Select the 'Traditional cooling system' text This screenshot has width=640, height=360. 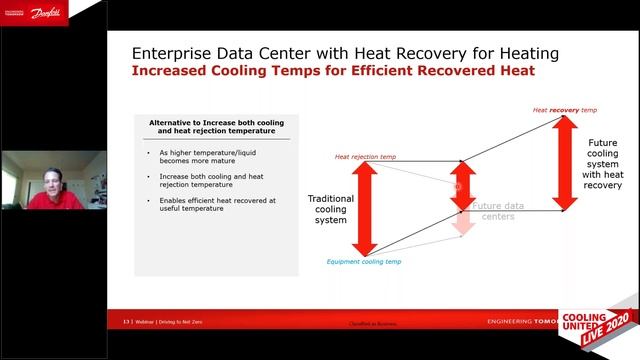[x=331, y=209]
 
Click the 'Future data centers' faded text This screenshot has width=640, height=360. [x=498, y=211]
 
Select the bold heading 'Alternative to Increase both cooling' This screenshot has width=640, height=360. [x=216, y=126]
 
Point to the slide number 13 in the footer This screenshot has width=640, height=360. [x=127, y=322]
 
